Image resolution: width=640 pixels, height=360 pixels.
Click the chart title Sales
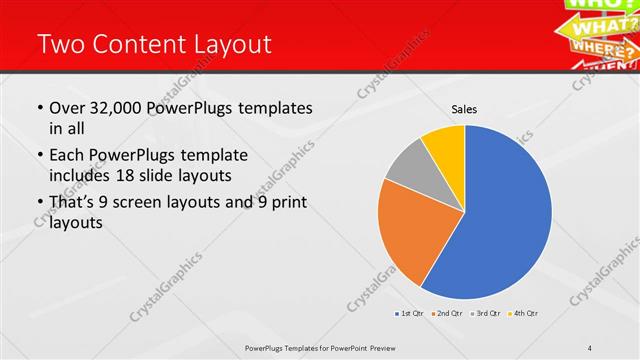click(464, 108)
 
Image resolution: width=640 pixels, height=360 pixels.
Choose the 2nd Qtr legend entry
click(446, 314)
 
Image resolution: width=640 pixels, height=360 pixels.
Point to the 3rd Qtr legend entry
click(486, 314)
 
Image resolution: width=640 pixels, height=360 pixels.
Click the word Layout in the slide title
click(229, 45)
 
